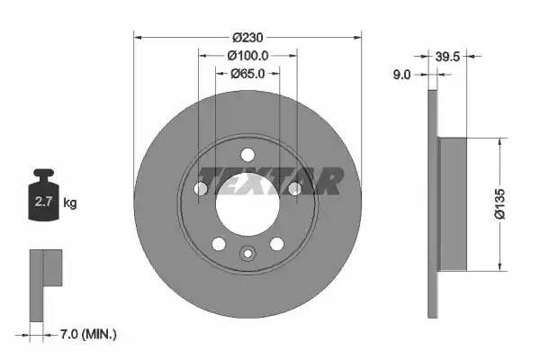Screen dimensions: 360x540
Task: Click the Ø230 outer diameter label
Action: (247, 37)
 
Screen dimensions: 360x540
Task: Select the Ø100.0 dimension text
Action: (247, 56)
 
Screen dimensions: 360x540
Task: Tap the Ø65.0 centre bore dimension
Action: (247, 74)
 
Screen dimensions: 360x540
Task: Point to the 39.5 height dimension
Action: (448, 56)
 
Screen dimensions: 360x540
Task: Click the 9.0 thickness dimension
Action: (401, 76)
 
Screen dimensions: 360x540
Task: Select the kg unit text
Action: (70, 203)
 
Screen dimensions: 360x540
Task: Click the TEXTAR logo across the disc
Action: (270, 181)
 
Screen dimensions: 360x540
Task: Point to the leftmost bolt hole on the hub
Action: (200, 188)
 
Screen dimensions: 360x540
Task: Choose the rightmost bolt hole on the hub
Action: (293, 188)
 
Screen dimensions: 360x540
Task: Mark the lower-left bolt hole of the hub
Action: (218, 243)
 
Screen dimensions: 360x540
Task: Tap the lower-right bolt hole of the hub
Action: (276, 243)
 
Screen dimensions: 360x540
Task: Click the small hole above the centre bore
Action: (247, 153)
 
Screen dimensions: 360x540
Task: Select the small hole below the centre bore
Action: (247, 255)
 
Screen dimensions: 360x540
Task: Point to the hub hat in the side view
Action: (454, 203)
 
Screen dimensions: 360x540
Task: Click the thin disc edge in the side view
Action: (432, 203)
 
